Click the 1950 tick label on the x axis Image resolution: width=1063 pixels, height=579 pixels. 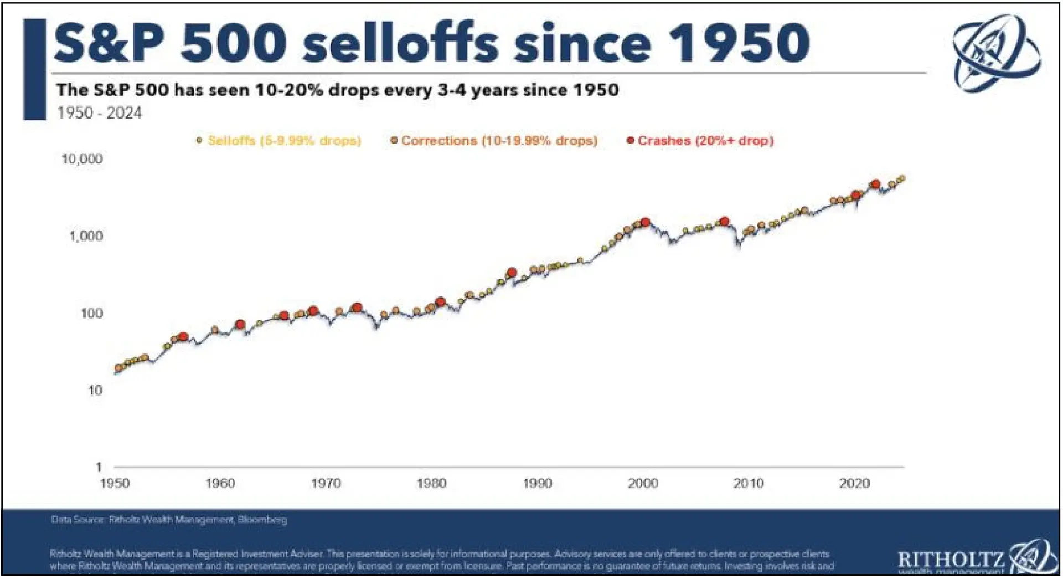click(115, 484)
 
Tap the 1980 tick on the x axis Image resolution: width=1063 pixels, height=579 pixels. click(431, 484)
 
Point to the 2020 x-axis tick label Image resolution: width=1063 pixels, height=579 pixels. click(854, 484)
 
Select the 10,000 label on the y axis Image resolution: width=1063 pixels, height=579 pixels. click(82, 160)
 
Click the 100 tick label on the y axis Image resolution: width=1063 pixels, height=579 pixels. click(91, 314)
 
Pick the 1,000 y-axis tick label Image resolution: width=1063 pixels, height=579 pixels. click(86, 237)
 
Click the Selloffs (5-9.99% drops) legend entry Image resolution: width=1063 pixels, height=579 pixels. click(279, 141)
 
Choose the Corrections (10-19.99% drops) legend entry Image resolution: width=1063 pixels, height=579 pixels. click(494, 141)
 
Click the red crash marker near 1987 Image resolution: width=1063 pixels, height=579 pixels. click(512, 273)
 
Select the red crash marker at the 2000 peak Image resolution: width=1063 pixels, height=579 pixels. click(645, 222)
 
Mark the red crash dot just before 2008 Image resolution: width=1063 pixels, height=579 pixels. click(724, 222)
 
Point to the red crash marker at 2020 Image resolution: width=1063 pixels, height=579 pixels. click(856, 195)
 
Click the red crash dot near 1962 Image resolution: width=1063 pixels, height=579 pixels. click(240, 325)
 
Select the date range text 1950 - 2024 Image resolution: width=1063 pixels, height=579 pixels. click(100, 113)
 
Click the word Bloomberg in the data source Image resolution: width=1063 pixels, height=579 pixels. click(262, 520)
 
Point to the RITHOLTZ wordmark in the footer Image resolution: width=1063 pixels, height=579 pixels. click(951, 558)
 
